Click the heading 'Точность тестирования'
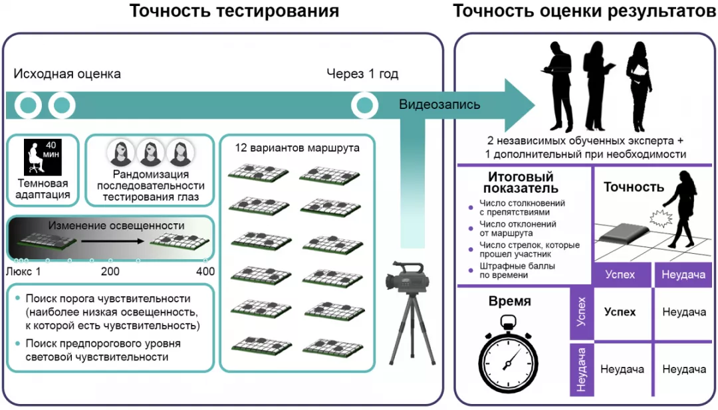pos(234,11)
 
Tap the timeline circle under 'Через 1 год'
pos(364,104)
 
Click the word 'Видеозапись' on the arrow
pos(439,104)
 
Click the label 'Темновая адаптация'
pos(43,189)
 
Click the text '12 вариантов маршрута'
pos(297,148)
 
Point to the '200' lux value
pos(110,271)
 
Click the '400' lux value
pos(205,271)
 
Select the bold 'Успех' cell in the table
pos(620,312)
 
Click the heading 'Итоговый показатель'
pos(521,183)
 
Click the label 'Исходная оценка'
pos(67,74)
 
